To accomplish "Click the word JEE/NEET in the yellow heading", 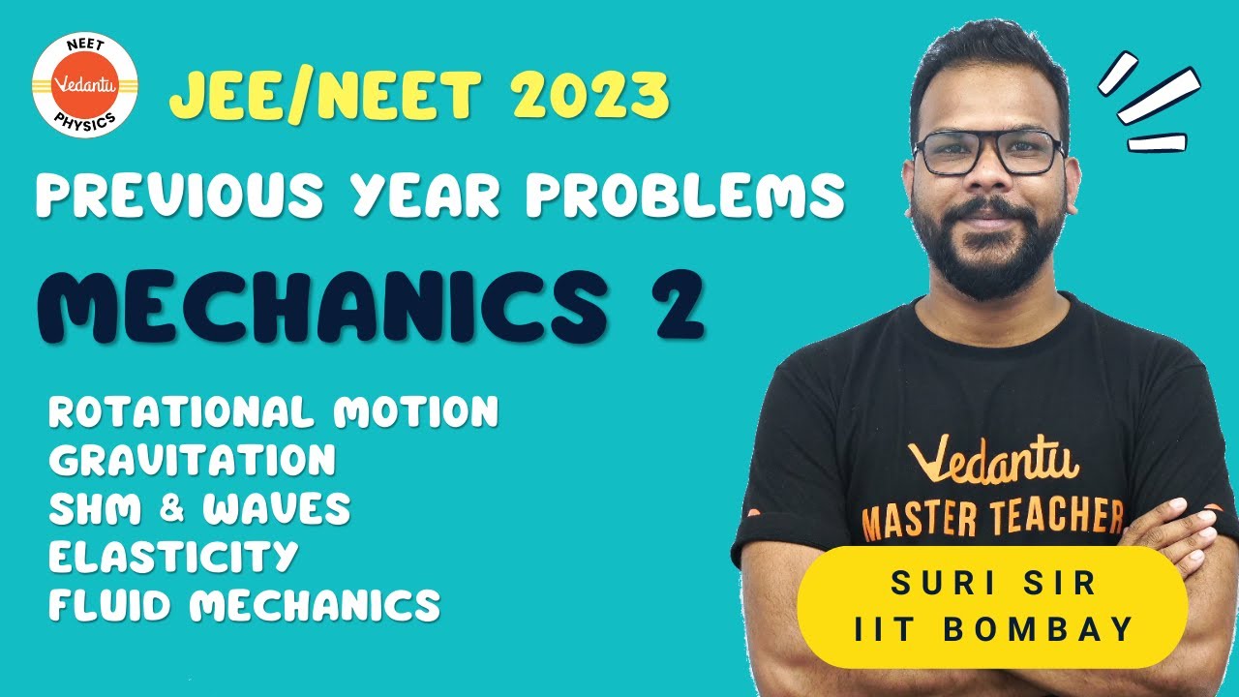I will [x=325, y=96].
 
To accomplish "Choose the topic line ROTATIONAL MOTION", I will [x=274, y=412].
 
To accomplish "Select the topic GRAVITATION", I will [x=193, y=461].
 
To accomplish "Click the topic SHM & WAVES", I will [x=199, y=509].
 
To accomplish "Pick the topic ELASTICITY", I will [x=173, y=557].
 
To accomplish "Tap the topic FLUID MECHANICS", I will [x=245, y=605].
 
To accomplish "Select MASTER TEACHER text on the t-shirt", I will [x=993, y=520].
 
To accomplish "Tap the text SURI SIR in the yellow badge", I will [x=994, y=585].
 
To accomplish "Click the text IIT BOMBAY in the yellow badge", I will [x=994, y=629].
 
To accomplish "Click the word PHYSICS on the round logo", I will [x=84, y=122].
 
